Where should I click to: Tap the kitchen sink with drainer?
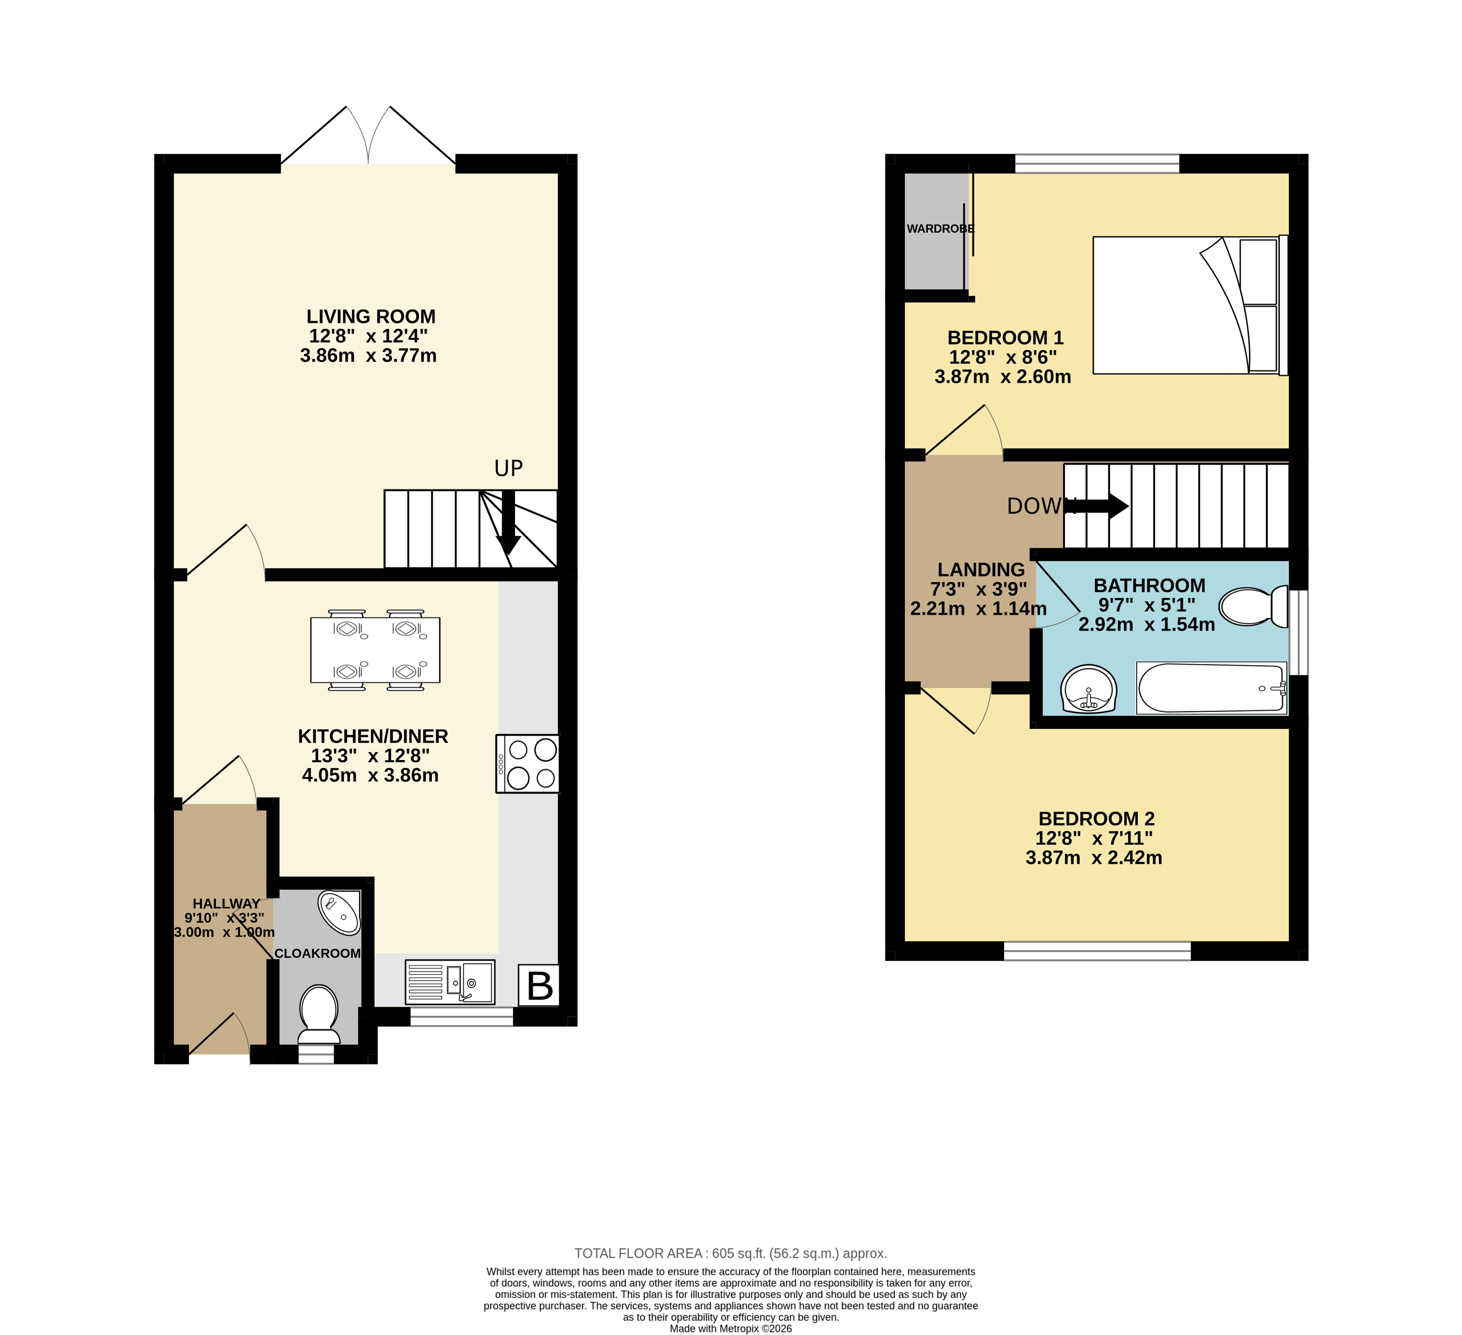[450, 983]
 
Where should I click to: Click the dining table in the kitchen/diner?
[375, 650]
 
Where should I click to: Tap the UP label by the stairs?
[508, 469]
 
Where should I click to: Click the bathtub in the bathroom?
[1211, 688]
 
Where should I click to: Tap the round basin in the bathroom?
[1088, 689]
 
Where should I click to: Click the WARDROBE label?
[940, 228]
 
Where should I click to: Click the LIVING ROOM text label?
[371, 317]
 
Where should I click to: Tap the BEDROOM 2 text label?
[1096, 819]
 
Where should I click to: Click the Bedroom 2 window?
[1097, 951]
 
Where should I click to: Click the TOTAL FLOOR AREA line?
[730, 1253]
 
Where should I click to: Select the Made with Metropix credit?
[730, 1328]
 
